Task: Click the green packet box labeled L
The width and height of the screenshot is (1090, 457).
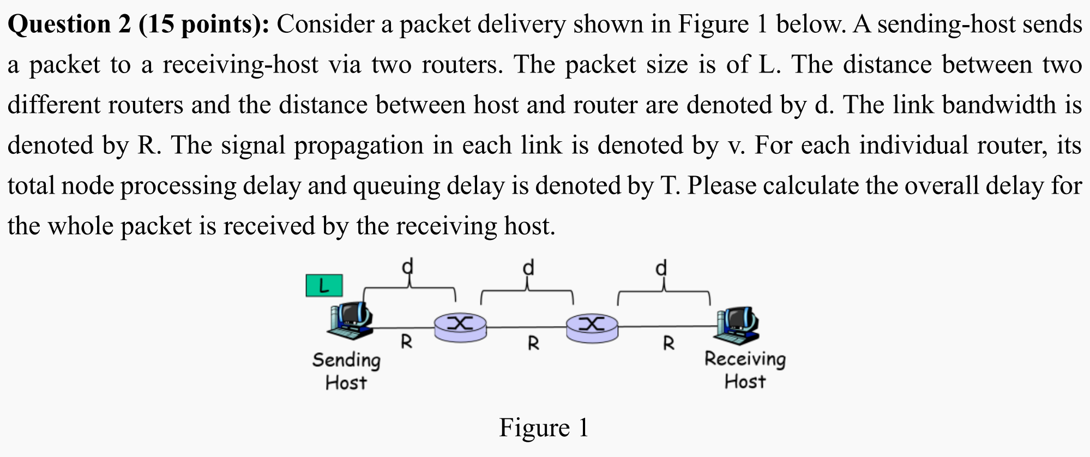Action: (x=324, y=286)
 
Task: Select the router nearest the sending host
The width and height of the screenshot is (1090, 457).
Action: (x=460, y=327)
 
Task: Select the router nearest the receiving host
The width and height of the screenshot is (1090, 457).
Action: (x=592, y=327)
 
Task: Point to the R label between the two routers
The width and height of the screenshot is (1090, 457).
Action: (x=533, y=344)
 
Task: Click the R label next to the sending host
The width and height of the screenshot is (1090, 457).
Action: (x=406, y=342)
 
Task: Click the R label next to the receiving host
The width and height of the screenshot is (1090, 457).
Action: (x=669, y=343)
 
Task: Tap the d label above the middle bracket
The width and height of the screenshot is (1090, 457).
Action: (x=528, y=268)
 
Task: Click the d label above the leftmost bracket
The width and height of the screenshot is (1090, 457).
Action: (x=408, y=267)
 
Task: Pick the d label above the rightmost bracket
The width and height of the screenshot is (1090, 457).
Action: (x=661, y=268)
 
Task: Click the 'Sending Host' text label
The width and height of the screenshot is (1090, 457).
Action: (x=346, y=371)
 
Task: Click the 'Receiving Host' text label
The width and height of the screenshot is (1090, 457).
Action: (x=745, y=370)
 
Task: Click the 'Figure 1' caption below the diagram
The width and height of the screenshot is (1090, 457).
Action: (x=544, y=428)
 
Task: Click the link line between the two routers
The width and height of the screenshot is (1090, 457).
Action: (x=526, y=327)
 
